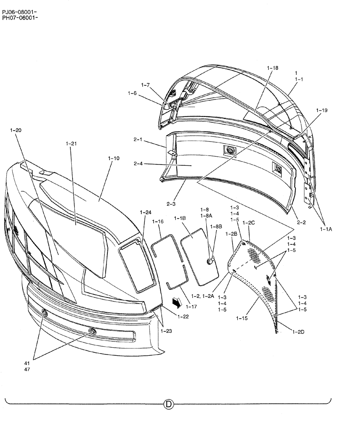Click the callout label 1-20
coord(15,130)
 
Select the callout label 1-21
coord(71,144)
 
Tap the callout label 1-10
coord(114,158)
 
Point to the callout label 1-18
coord(273,68)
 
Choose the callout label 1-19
coord(322,110)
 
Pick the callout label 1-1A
coord(326,229)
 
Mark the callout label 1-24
coord(146,212)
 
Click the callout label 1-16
coord(158,222)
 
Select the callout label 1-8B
coord(216,227)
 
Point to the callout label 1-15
coord(243,318)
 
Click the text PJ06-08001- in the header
coord(20,12)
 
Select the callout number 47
coord(27,369)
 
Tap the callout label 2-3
coord(171,204)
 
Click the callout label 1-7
coord(145,85)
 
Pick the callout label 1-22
coord(183,317)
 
